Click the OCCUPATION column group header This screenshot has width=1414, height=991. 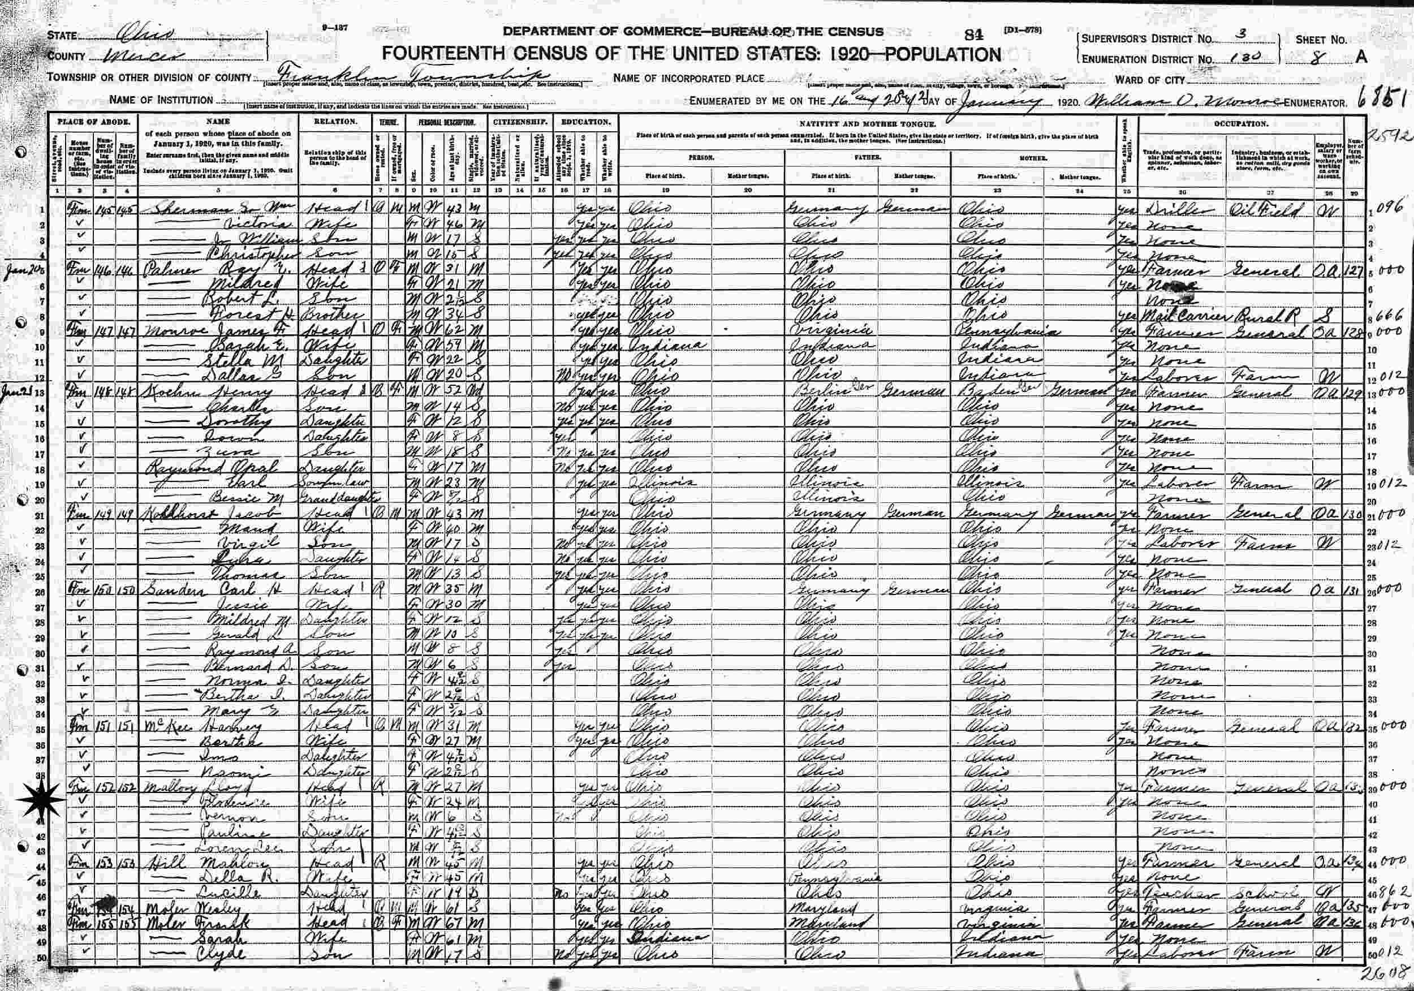[1240, 123]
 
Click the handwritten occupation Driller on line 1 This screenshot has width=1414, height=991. [1178, 210]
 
